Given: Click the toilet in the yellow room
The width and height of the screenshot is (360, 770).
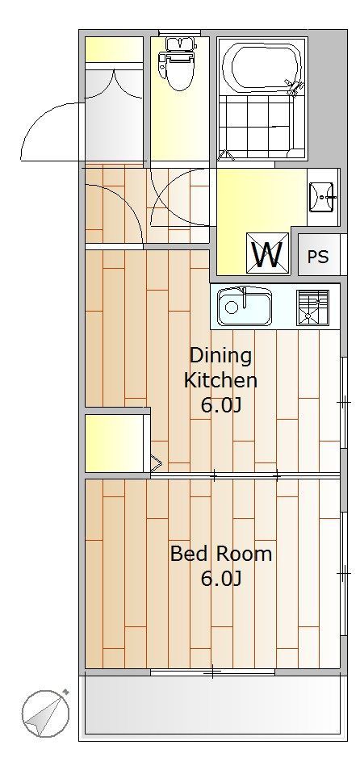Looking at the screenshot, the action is [176, 64].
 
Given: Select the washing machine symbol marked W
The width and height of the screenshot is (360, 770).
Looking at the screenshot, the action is [267, 252].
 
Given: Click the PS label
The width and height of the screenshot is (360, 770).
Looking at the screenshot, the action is [318, 257].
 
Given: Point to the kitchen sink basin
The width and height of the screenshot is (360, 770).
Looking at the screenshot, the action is [245, 307].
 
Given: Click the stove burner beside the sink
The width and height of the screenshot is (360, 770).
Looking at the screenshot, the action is [313, 308].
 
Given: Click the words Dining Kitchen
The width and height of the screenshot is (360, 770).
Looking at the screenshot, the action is [220, 367].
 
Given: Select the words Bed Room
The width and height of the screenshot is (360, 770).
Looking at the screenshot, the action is [221, 554].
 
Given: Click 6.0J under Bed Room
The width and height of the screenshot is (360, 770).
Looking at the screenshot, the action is [221, 580].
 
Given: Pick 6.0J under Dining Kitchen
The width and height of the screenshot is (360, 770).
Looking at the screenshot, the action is [221, 406].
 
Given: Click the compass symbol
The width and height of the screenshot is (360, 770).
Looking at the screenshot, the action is [45, 712].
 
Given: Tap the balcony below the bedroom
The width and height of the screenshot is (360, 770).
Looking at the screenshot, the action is [212, 705].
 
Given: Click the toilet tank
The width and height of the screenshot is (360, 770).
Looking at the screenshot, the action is [176, 44].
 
